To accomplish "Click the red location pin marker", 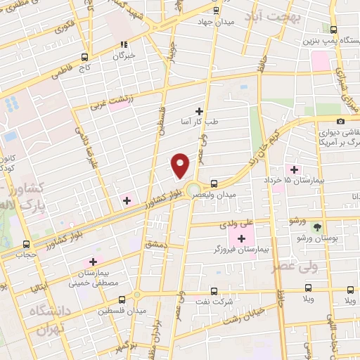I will (x=181, y=165).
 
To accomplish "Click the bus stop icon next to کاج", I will (x=85, y=57).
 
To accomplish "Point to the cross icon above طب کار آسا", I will (x=200, y=111).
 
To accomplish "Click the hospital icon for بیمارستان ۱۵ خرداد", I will (x=294, y=169).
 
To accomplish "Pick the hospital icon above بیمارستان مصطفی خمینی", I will (x=92, y=262).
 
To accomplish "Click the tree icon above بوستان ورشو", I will (x=317, y=227).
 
